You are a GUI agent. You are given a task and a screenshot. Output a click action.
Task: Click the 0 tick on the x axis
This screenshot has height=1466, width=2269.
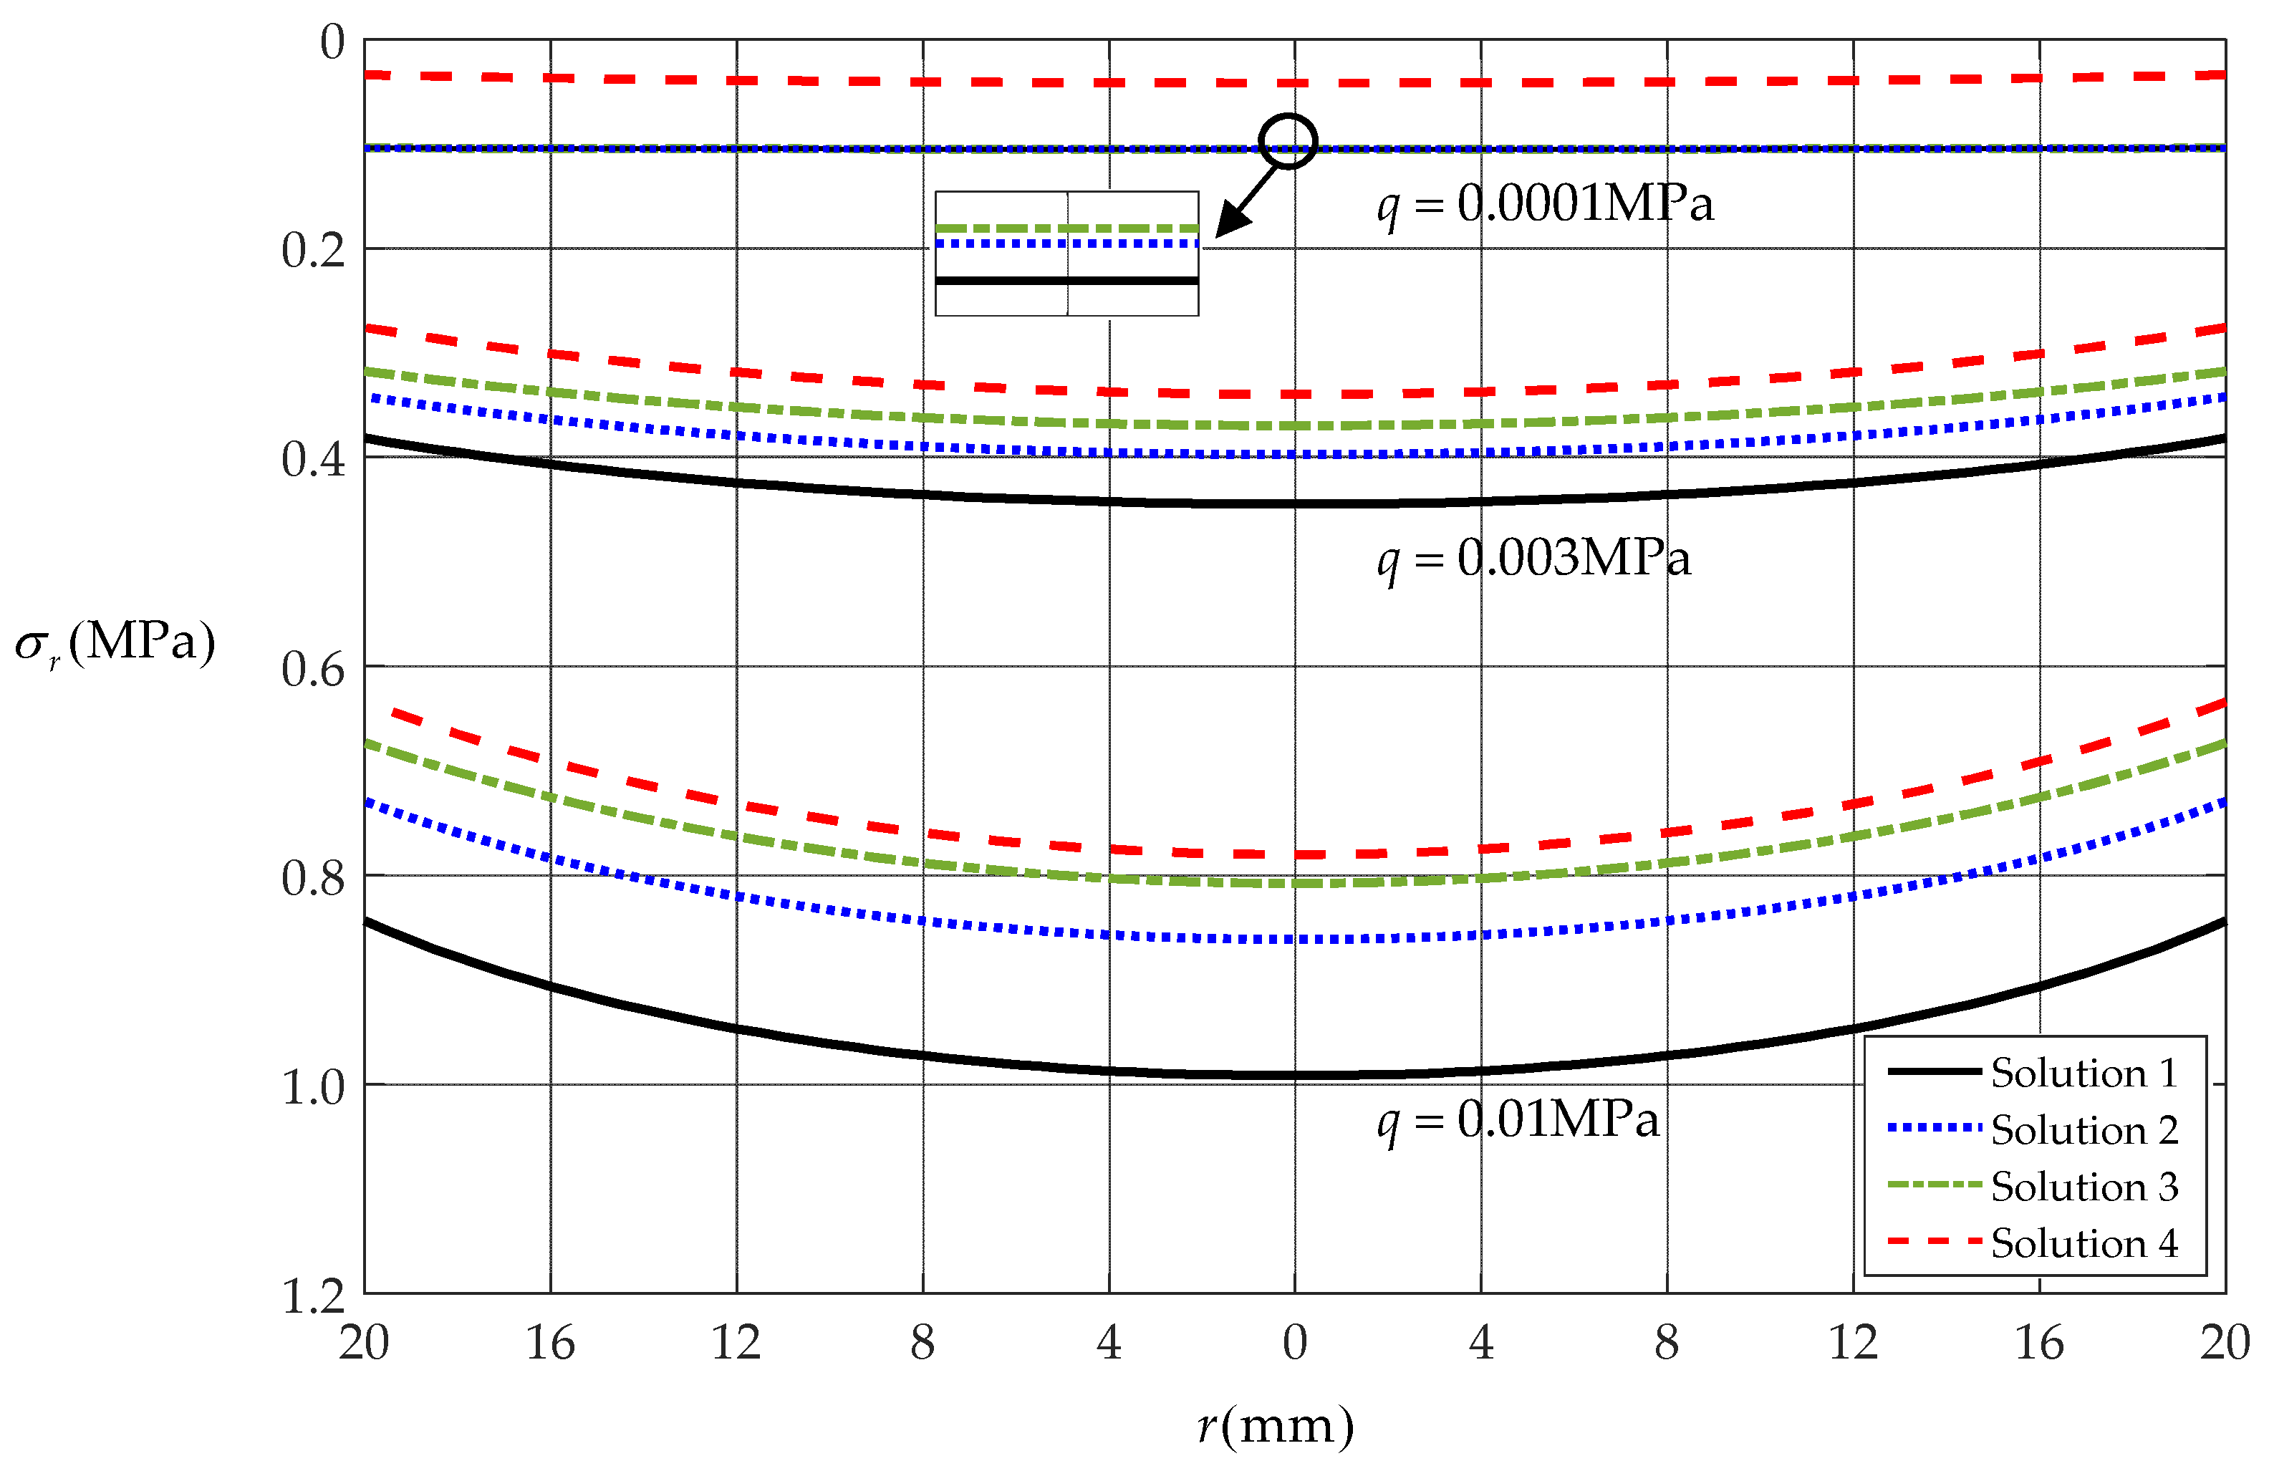(x=1294, y=1344)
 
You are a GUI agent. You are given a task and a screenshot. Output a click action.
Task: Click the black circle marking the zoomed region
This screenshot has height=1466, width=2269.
(x=1288, y=141)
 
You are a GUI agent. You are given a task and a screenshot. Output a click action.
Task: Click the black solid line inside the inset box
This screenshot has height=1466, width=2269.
(x=1066, y=281)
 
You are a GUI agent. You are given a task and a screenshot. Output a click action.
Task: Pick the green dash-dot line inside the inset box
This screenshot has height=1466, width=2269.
(x=1066, y=228)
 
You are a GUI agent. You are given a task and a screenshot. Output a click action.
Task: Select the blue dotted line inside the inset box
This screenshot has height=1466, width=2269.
(x=1066, y=243)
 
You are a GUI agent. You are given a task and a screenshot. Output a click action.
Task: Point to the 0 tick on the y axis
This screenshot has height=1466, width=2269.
(x=332, y=43)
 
